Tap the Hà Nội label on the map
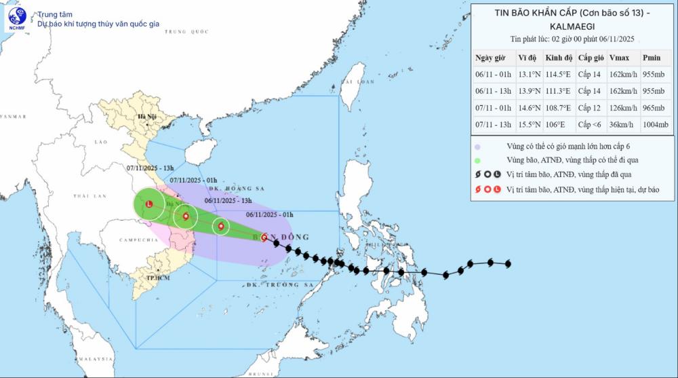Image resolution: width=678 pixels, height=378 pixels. pos(147,117)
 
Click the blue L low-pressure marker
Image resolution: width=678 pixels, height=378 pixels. pos(148,201)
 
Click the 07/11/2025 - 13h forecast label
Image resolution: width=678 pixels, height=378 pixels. pos(151,168)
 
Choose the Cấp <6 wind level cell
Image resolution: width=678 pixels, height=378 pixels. pos(590,125)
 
